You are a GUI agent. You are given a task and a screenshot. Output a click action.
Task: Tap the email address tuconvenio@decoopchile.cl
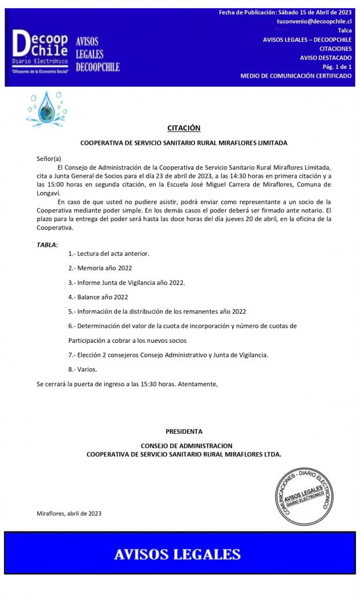pos(314,21)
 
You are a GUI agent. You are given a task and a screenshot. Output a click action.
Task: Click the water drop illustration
pos(46,109)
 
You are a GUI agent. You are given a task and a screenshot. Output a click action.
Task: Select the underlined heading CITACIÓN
pos(183,128)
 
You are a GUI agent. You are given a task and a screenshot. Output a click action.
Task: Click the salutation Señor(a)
pos(49,158)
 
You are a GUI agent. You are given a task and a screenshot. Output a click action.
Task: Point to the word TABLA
pos(47,245)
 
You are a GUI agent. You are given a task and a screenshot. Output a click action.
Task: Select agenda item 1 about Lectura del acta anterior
pos(109,254)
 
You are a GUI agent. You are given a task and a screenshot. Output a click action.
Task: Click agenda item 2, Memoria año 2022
pos(100,268)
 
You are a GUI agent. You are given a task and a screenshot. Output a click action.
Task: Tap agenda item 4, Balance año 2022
pos(98,297)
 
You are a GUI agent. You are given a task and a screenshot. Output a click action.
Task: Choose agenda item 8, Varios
pos(83,369)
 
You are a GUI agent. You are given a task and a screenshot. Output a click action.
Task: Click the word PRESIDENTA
pos(184,431)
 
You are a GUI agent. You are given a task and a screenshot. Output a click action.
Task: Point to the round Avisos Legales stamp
pos(304,497)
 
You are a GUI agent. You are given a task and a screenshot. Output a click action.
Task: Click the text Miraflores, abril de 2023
pos(69,513)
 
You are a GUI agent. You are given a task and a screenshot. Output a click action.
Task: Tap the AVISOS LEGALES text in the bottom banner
pos(177,554)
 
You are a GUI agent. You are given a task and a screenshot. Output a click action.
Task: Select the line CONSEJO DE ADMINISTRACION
pos(186,446)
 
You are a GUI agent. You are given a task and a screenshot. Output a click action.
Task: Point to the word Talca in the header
pos(344,30)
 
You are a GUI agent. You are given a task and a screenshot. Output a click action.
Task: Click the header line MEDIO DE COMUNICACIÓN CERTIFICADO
pos(296,76)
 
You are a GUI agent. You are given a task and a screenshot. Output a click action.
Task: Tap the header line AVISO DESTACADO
pos(325,57)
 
